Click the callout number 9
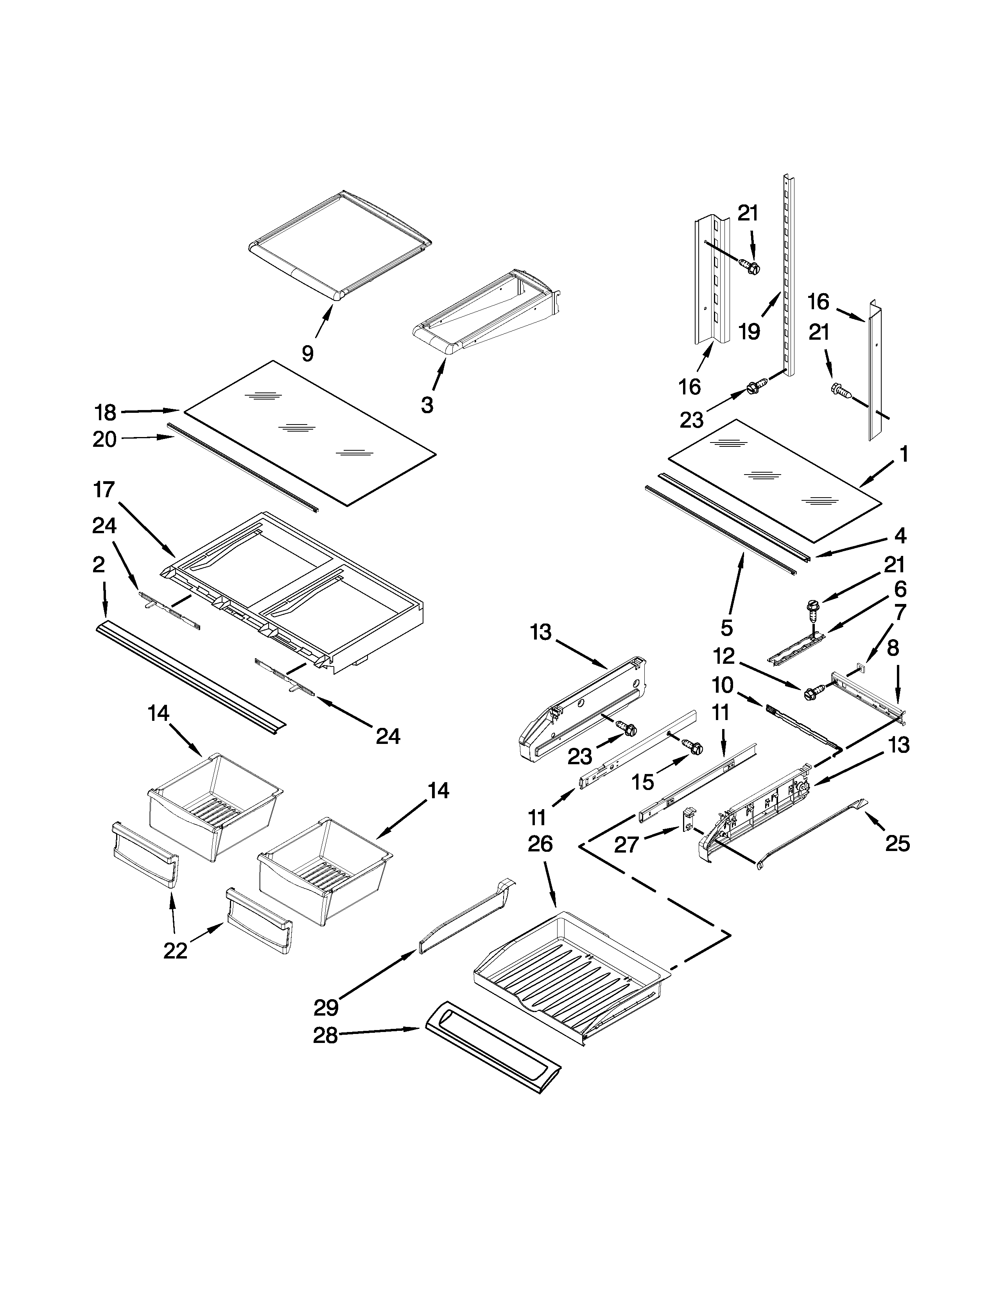(307, 353)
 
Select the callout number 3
(427, 405)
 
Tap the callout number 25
(897, 844)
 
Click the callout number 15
(643, 782)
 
